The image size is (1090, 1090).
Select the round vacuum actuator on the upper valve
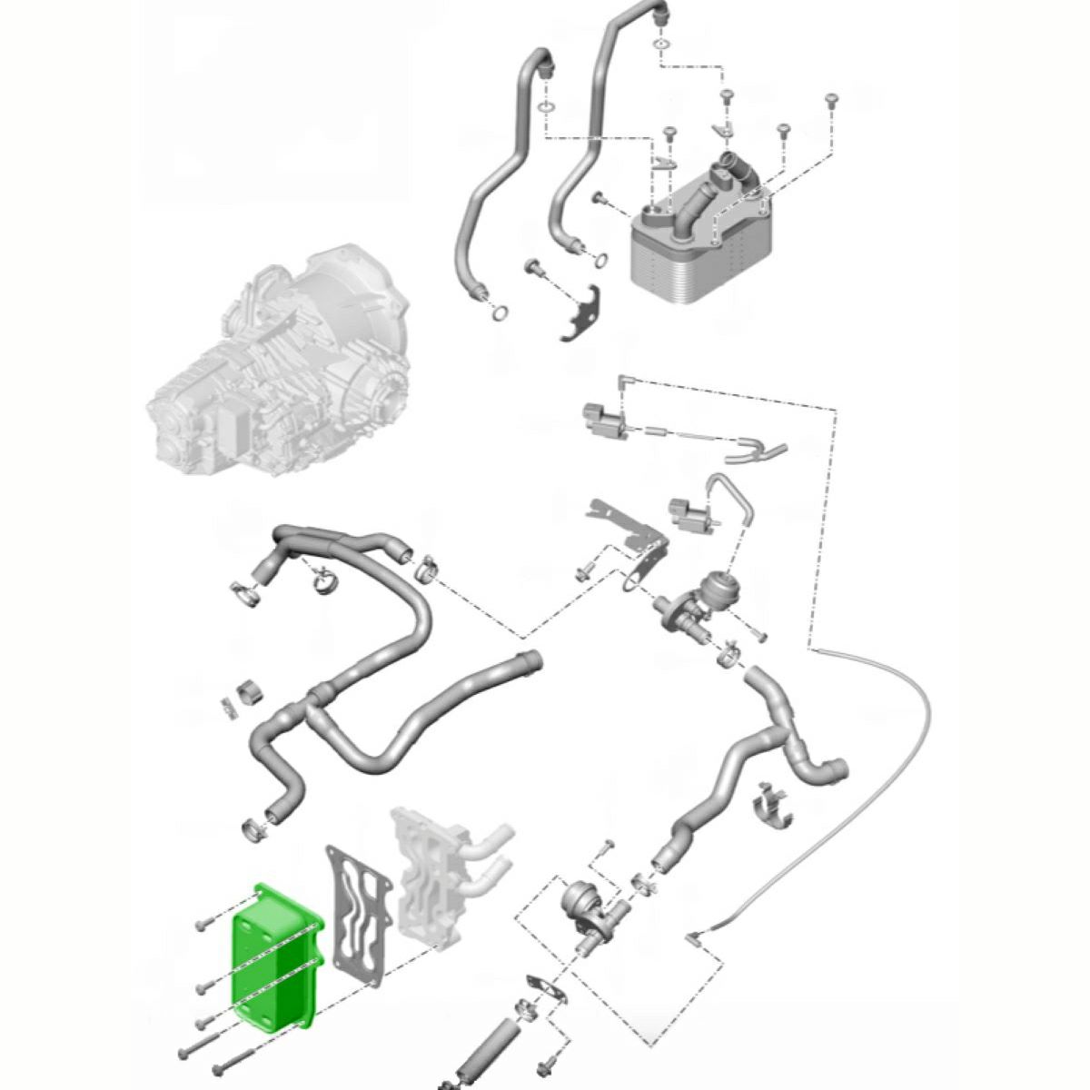coord(718,581)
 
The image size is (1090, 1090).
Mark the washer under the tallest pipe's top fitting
coord(662,44)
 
